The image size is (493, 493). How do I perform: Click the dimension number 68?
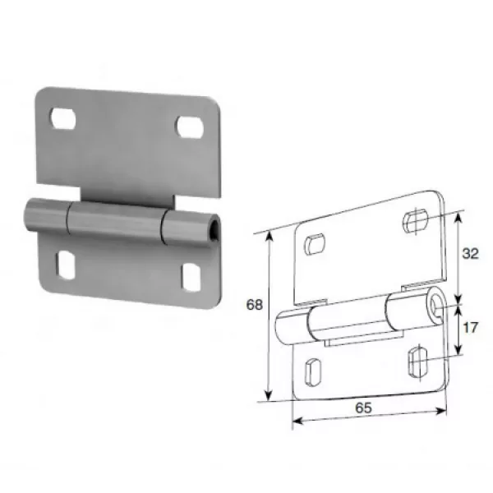coord(255,305)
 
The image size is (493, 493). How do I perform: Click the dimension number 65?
coord(363,408)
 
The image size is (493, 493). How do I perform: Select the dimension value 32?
coord(470,253)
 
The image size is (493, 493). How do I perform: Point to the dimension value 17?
coord(470,328)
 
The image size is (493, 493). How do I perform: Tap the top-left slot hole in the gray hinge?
coord(63,119)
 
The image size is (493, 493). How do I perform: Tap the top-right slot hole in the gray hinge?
coord(189,127)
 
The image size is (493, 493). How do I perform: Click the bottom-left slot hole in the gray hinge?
coord(66,265)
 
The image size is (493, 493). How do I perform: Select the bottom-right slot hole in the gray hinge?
coord(191,278)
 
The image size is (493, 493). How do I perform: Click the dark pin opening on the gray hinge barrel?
coord(214,230)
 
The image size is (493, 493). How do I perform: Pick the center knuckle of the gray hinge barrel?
coord(116,219)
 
